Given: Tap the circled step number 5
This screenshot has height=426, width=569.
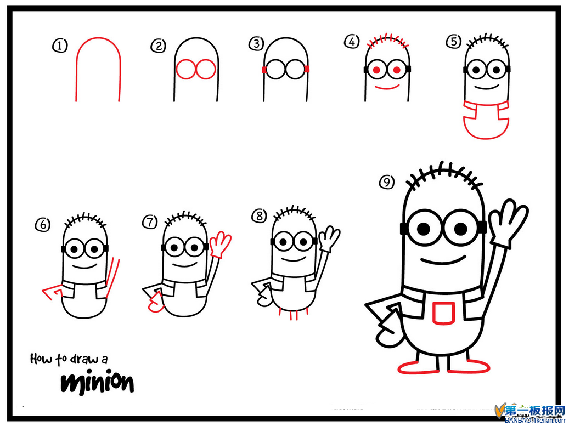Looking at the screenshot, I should pyautogui.click(x=453, y=41).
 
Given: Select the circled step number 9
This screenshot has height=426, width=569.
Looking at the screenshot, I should pyautogui.click(x=387, y=182).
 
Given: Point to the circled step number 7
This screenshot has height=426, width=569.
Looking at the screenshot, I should pyautogui.click(x=149, y=222).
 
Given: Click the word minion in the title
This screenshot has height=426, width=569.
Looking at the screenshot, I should pyautogui.click(x=97, y=382).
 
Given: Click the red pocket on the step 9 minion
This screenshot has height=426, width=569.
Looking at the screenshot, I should pyautogui.click(x=442, y=313).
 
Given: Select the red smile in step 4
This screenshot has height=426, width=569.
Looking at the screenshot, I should pyautogui.click(x=386, y=87).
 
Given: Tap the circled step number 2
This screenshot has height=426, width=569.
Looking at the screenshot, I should pyautogui.click(x=159, y=46).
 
